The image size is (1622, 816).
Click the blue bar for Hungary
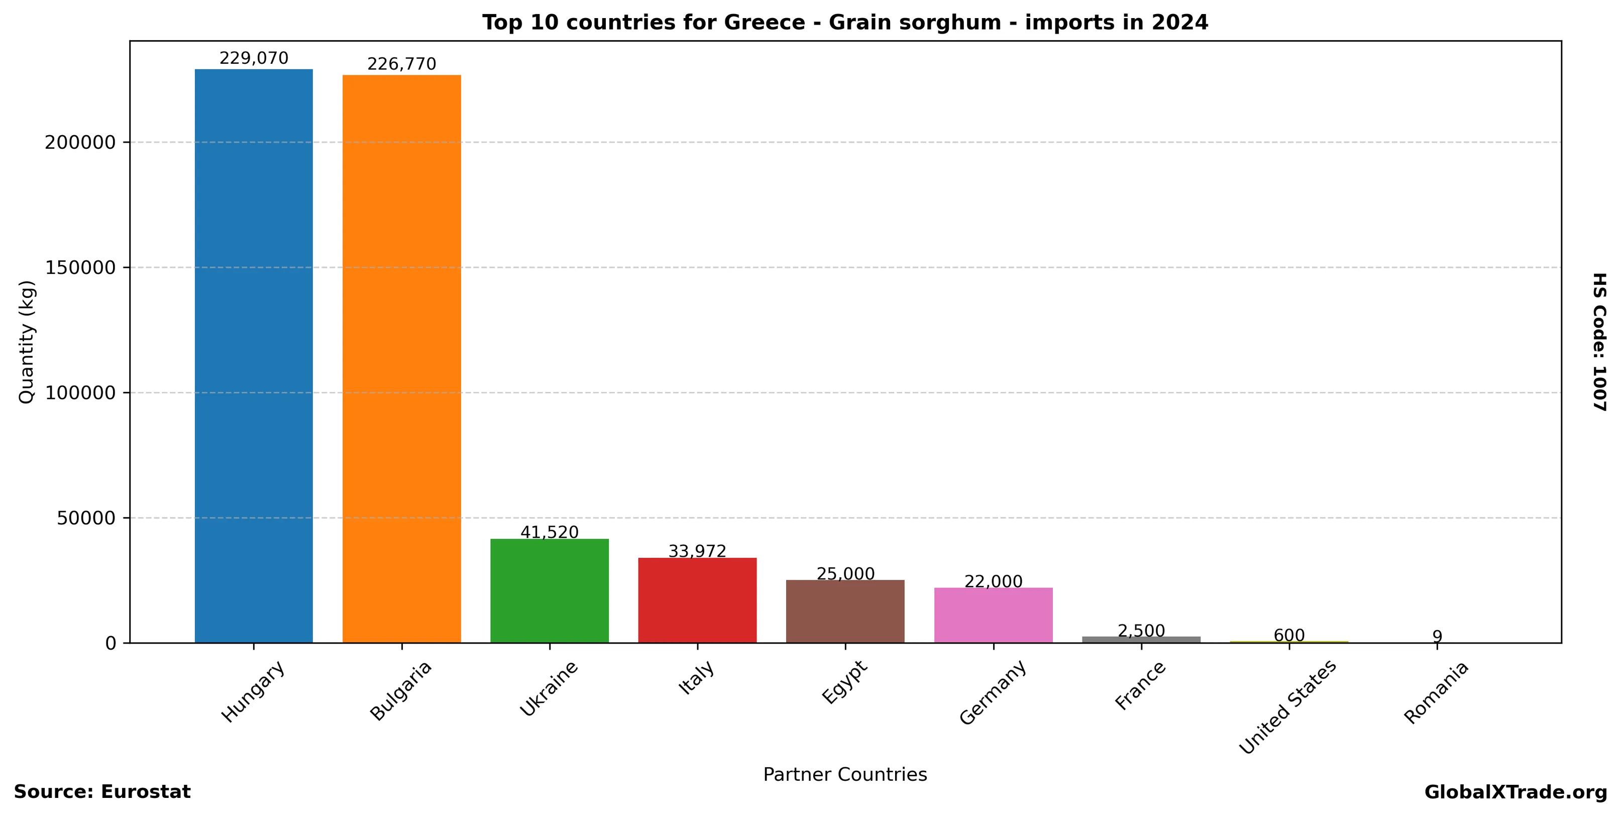point(254,356)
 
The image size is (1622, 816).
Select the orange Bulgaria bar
point(402,359)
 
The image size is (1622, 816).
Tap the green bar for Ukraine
point(550,590)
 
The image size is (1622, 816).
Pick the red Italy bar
point(697,600)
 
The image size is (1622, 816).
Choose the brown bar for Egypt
point(845,611)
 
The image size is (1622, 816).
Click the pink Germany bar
point(993,615)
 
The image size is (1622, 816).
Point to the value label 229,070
point(254,59)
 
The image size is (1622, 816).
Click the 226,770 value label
point(402,64)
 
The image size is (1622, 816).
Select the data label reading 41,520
point(550,533)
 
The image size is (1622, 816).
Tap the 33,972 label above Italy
point(697,552)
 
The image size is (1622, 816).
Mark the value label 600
point(1289,635)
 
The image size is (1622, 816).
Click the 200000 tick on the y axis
point(81,142)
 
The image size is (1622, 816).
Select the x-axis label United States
point(1287,707)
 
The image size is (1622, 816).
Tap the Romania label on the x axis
point(1436,692)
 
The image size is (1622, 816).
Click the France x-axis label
point(1140,686)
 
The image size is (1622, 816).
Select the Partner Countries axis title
point(845,774)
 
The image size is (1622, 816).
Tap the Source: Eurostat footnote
point(102,792)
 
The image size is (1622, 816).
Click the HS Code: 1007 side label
point(1600,342)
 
